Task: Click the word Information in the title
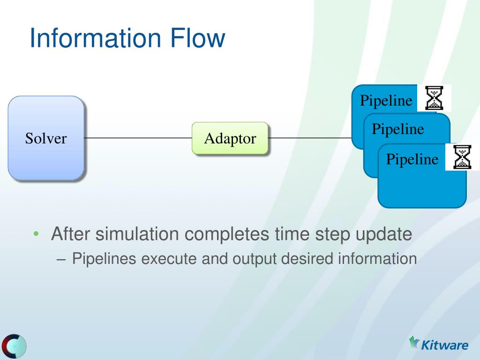95,37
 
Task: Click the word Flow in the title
197,37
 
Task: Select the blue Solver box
46,138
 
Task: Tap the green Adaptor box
230,138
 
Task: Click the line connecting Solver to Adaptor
138,138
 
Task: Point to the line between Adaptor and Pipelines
310,138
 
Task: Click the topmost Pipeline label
386,100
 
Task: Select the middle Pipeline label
398,129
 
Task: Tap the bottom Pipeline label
412,159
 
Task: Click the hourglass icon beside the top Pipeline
434,98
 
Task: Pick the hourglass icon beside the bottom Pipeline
462,157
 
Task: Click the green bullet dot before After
36,234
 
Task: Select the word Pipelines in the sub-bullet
104,259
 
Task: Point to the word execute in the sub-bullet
169,259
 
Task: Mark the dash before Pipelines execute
61,260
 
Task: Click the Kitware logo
438,344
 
